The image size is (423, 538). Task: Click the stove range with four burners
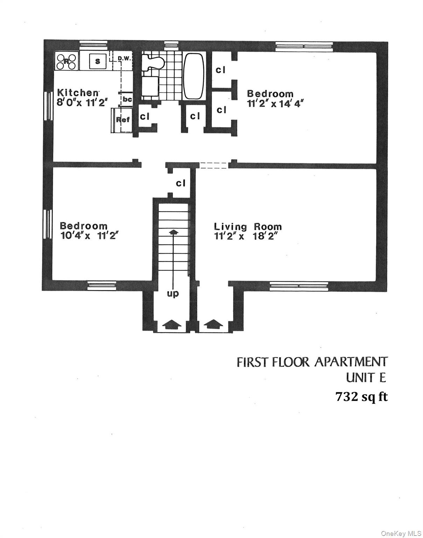(x=66, y=61)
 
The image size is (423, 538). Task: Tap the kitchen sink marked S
(x=98, y=61)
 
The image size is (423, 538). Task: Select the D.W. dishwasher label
(x=124, y=58)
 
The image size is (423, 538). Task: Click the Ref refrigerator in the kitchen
(x=123, y=120)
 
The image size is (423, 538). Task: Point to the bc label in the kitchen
(x=127, y=99)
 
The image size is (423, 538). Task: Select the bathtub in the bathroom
(x=193, y=76)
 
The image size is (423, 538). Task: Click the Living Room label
(x=248, y=227)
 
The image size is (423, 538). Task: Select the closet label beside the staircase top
(x=181, y=183)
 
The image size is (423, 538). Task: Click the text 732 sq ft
(x=361, y=397)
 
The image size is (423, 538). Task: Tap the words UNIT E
(x=366, y=378)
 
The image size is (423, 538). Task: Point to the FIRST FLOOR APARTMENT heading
(x=312, y=362)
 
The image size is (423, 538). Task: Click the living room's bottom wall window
(x=299, y=286)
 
